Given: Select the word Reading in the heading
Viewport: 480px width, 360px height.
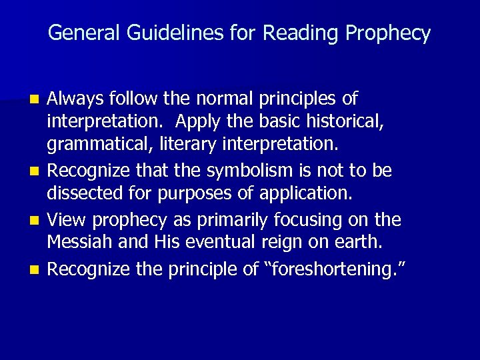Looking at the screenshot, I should click(291, 33).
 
